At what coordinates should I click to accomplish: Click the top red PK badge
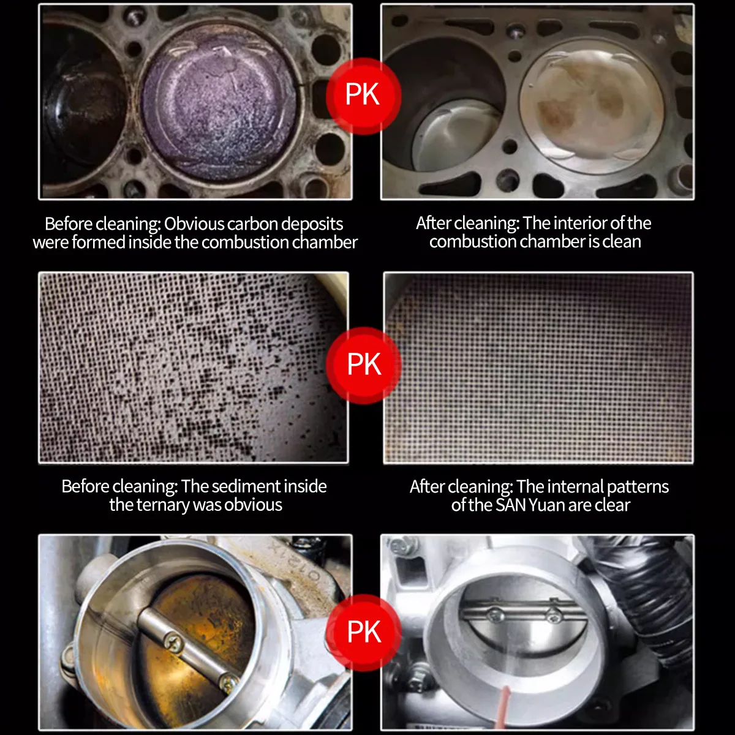pyautogui.click(x=363, y=96)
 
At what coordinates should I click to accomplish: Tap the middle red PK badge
pyautogui.click(x=363, y=365)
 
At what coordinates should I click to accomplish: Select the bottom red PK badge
pyautogui.click(x=363, y=633)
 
